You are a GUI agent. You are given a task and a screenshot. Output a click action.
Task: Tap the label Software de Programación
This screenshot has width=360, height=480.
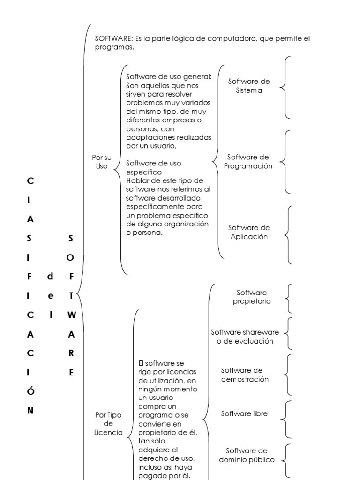tap(248, 162)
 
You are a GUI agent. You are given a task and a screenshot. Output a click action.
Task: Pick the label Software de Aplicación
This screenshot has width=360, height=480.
tap(249, 232)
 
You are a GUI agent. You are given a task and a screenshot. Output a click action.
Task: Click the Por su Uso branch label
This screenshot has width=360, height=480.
tap(102, 162)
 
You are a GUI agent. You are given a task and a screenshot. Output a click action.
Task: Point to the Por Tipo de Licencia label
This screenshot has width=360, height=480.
tap(108, 423)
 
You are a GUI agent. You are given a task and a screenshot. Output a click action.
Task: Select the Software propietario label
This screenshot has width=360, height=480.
tap(252, 297)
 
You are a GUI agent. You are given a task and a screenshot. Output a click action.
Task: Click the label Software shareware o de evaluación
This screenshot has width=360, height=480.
tap(245, 337)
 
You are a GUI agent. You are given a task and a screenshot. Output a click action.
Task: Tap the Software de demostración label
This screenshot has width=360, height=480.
tap(245, 375)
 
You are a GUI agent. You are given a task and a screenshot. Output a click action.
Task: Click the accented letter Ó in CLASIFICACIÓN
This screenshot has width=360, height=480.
tap(30, 391)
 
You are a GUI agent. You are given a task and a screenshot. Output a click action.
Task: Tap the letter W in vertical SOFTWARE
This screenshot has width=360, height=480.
tap(71, 315)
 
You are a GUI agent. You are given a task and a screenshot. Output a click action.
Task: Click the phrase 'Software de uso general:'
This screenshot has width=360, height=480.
tap(169, 77)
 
